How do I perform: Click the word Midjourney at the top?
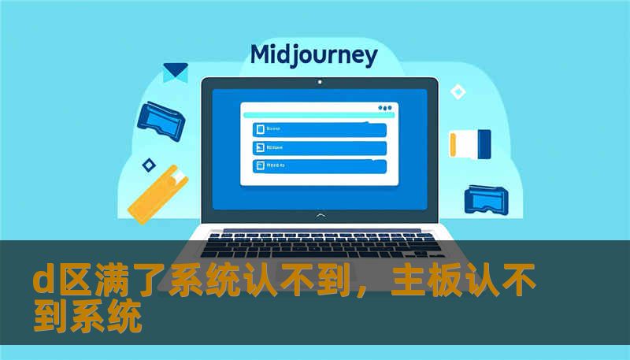pyautogui.click(x=313, y=55)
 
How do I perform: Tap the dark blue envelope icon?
pyautogui.click(x=175, y=72)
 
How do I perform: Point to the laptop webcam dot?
pyautogui.click(x=319, y=81)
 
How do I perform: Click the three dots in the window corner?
pyautogui.click(x=385, y=108)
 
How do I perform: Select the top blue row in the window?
pyautogui.click(x=319, y=128)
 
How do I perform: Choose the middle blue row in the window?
pyautogui.click(x=319, y=147)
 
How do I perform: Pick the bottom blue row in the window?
pyautogui.click(x=319, y=166)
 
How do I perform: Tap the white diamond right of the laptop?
pyautogui.click(x=458, y=91)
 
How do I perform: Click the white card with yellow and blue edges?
pyautogui.click(x=469, y=143)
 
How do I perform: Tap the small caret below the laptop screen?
pyautogui.click(x=319, y=215)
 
